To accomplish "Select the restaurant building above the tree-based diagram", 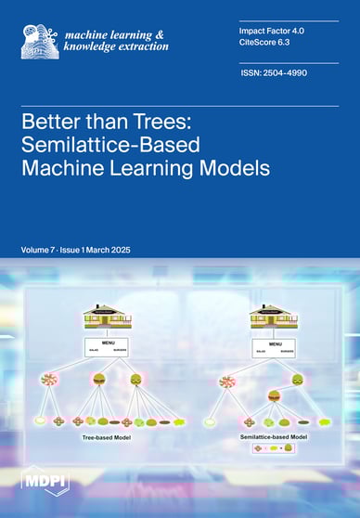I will (105, 316).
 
